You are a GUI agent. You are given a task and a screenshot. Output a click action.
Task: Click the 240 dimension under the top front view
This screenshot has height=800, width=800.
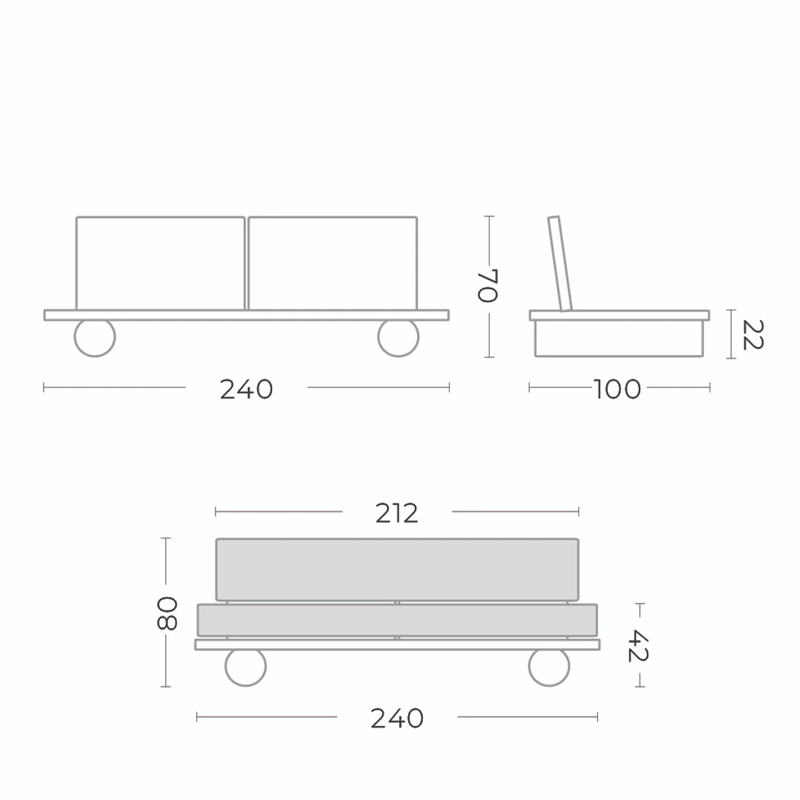(x=247, y=390)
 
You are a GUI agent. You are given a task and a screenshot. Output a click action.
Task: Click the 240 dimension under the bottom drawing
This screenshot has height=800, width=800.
(x=397, y=719)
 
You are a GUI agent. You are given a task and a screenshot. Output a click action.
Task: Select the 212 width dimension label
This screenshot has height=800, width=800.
(x=397, y=513)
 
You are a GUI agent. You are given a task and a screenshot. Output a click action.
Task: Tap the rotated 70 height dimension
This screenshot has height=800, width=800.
(x=487, y=286)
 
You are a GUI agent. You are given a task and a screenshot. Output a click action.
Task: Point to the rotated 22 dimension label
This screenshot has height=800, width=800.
(x=753, y=335)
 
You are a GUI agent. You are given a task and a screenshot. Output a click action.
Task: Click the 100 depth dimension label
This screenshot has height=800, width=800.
(x=617, y=390)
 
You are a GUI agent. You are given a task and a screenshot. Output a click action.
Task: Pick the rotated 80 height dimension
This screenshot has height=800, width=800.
(x=167, y=613)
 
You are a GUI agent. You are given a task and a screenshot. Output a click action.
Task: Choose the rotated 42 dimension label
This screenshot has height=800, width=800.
(x=638, y=645)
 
